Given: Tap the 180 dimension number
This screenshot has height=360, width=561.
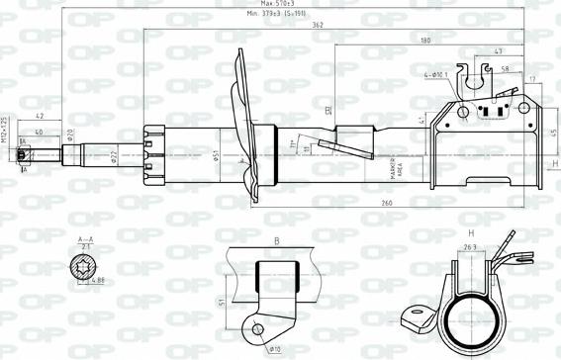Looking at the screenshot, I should coord(425,40).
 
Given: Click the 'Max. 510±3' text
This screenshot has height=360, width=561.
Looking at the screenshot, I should coord(287,4).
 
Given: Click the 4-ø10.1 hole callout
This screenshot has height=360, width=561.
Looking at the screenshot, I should coord(436,73).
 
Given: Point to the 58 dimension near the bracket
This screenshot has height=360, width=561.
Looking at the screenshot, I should coord(505,69).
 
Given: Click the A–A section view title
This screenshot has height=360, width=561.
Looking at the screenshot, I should coord(86,240).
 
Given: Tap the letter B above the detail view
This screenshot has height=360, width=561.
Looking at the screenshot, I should coord(277,239).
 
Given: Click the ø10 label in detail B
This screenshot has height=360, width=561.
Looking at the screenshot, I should coord(273,349).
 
